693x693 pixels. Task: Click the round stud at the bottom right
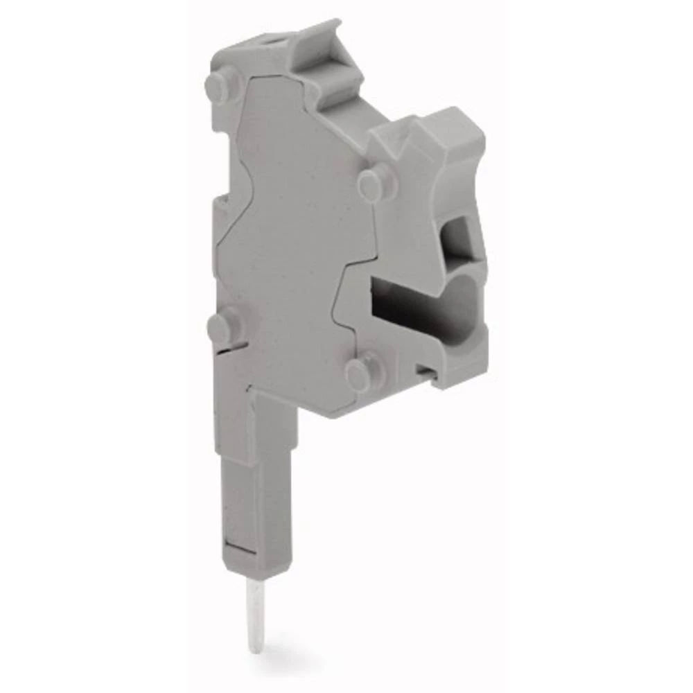[362, 374]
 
